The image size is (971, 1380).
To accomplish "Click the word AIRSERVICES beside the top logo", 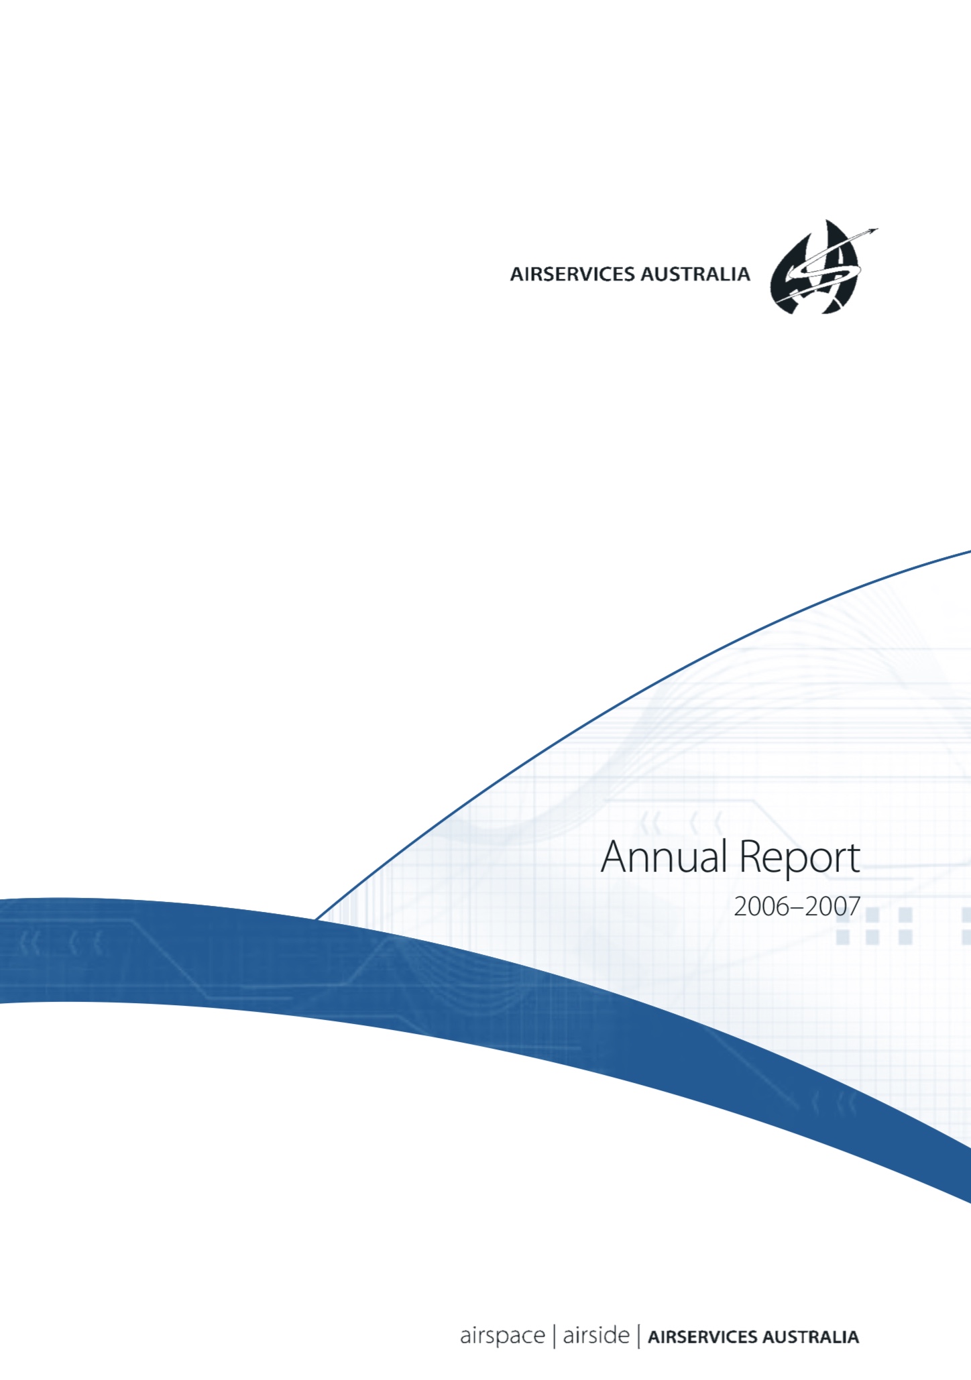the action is point(572,274).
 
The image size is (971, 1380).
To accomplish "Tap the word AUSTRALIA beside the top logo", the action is point(695,274).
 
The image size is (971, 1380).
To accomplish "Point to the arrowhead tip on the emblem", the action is point(878,229).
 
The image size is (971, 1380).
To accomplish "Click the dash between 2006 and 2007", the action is point(797,909).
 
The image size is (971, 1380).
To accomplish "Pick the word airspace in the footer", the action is point(502,1336).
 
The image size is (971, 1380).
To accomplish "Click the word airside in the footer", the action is point(596,1334).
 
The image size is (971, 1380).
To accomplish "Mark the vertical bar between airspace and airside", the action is point(554,1336).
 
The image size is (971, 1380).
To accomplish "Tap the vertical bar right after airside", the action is point(638,1336).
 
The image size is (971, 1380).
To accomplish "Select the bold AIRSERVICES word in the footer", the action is point(702,1337).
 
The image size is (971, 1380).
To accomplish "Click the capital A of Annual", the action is point(614,857).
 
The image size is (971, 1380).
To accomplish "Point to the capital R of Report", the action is point(750,857).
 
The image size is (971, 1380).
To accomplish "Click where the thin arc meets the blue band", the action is point(316,919).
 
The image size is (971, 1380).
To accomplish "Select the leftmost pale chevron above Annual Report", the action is point(649,823).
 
